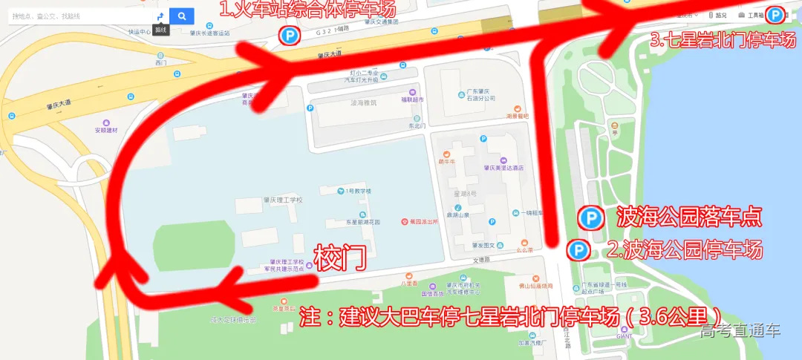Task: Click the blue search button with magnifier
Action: tap(181, 16)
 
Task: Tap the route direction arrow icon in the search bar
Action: tap(160, 16)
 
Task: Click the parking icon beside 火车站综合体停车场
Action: tap(288, 34)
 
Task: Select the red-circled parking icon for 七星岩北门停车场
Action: tap(775, 15)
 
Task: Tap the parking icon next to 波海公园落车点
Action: tap(591, 217)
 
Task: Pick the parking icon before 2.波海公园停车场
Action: tap(577, 249)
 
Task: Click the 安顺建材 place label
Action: tap(106, 130)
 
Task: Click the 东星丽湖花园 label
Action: tap(362, 222)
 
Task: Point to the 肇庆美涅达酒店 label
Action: tap(503, 168)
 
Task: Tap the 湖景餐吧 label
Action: tap(517, 116)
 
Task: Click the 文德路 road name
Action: tap(482, 259)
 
